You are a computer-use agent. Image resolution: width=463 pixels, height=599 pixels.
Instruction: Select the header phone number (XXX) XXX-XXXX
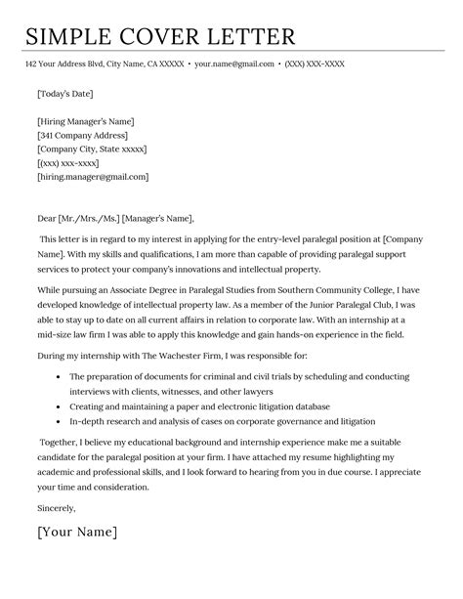click(329, 64)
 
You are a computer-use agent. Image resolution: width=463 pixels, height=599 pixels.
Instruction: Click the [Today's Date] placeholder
click(65, 94)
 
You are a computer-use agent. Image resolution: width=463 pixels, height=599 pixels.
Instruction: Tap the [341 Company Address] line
click(82, 136)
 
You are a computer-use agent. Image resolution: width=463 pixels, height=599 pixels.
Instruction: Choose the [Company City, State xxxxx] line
click(92, 150)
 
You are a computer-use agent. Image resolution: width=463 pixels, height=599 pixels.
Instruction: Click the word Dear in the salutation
click(46, 218)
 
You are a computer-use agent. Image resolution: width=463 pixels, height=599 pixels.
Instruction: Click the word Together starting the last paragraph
click(62, 441)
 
